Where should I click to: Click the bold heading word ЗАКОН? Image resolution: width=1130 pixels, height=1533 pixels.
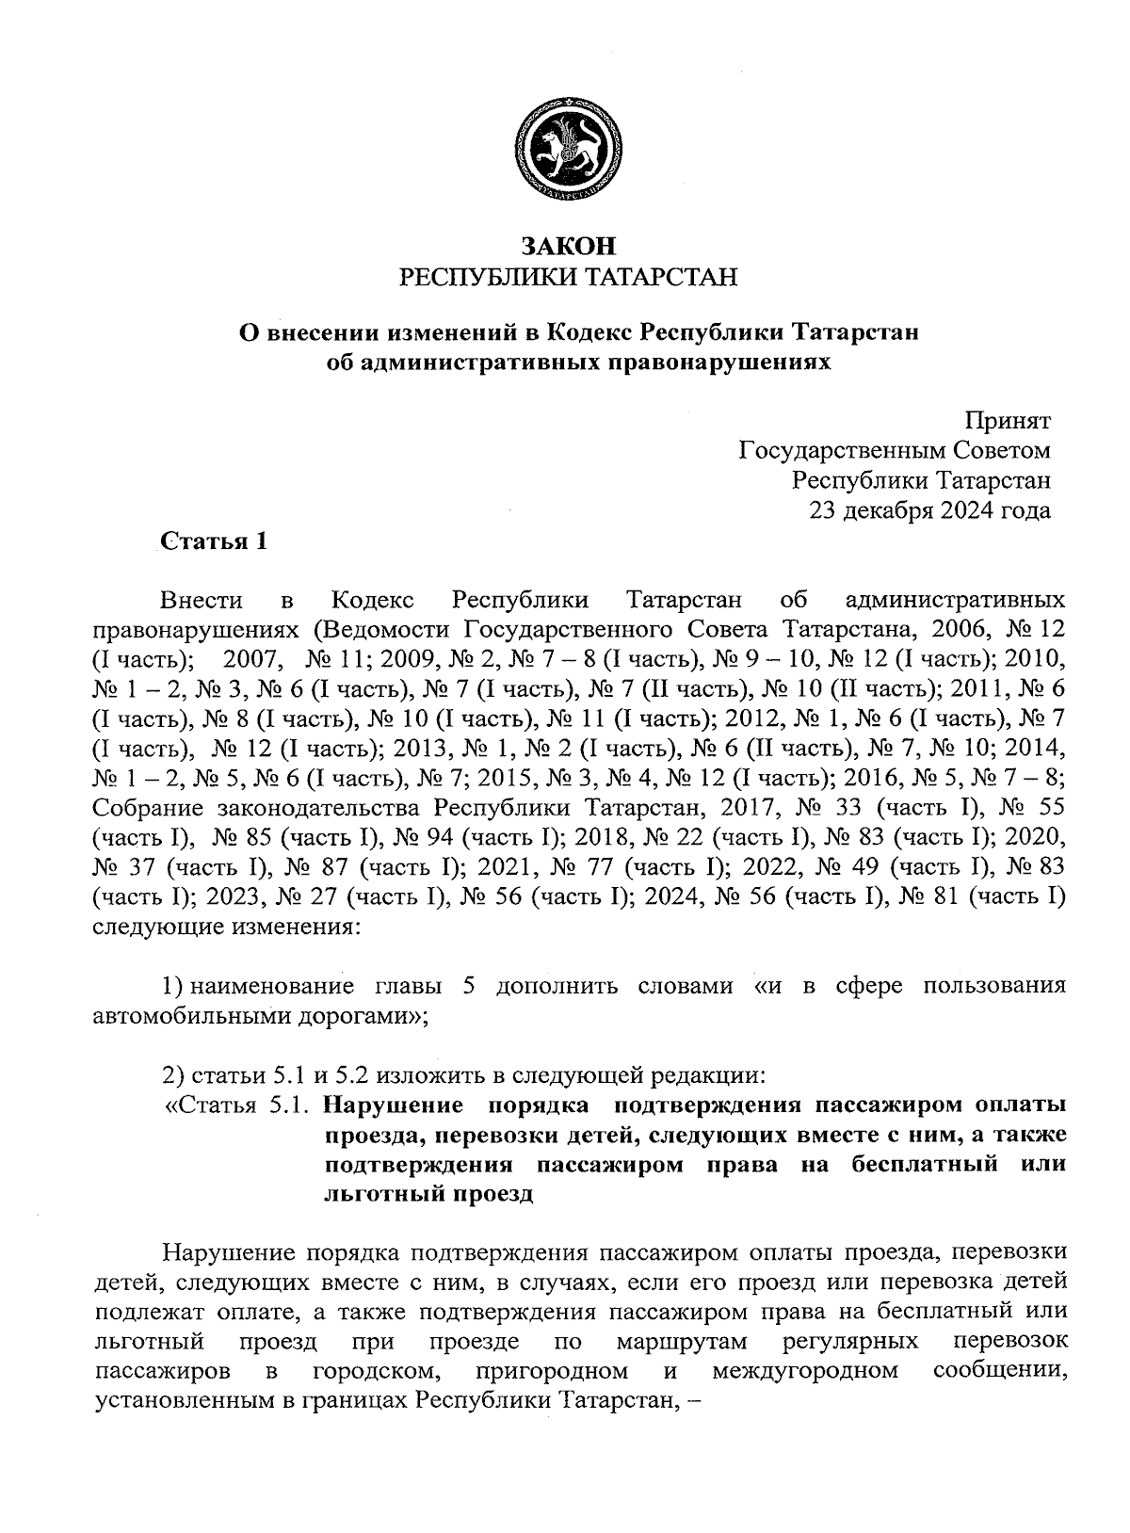tap(569, 247)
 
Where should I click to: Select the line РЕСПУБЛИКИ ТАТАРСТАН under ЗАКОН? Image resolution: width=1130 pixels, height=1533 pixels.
tap(569, 278)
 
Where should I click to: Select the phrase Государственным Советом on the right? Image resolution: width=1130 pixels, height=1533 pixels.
tap(895, 451)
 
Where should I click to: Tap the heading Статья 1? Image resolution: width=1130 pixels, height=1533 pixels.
tap(214, 541)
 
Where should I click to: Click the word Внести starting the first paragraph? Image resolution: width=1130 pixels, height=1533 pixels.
tap(202, 601)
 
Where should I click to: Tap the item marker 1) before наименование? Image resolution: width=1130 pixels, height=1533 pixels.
tap(173, 986)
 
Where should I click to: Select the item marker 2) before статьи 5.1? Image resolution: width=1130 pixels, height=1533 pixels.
tap(173, 1075)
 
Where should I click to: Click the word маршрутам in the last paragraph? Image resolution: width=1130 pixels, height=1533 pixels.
tap(684, 1339)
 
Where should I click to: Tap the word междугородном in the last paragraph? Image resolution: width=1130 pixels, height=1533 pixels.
tap(804, 1369)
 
